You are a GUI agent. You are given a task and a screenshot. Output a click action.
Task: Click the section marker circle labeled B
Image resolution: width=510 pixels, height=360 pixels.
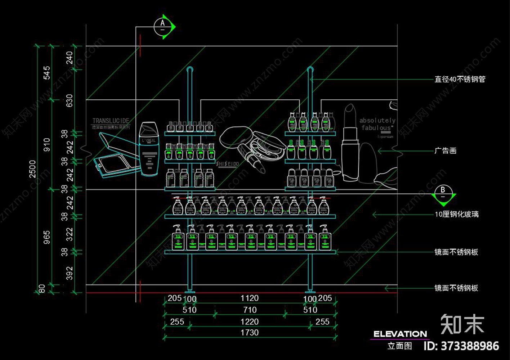[443, 193]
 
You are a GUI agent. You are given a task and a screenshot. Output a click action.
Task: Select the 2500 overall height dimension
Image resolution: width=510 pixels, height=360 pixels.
[32, 169]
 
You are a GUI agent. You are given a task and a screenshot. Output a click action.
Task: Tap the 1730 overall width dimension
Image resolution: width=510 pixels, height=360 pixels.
[250, 333]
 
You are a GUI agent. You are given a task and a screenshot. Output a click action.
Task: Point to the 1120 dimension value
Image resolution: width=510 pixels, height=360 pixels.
[250, 298]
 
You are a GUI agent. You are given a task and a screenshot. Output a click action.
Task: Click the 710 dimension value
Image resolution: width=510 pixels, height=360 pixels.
[250, 310]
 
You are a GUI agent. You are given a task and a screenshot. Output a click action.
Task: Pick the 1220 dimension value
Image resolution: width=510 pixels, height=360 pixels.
[250, 321]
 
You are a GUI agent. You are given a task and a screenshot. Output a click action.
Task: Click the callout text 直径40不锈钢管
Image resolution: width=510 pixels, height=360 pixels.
[460, 79]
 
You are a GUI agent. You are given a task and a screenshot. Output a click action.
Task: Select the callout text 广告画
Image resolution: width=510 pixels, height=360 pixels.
[446, 150]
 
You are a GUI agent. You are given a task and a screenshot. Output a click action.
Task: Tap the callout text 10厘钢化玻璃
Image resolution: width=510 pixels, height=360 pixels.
[457, 215]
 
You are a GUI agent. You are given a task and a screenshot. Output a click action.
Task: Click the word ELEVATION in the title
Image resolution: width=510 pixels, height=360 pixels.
[400, 334]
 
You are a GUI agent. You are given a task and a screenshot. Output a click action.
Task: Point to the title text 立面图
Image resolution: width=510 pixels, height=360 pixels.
[399, 346]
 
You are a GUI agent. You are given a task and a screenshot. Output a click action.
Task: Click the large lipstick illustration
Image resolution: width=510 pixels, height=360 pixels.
[350, 144]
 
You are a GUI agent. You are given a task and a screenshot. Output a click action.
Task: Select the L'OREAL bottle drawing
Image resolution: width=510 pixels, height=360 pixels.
[149, 148]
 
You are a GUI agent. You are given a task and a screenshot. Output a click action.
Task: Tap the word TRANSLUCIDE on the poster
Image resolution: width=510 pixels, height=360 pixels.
[111, 121]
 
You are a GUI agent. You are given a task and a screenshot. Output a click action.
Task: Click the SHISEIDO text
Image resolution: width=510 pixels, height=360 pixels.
[227, 164]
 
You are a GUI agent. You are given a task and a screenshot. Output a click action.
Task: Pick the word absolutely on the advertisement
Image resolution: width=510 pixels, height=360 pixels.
[377, 121]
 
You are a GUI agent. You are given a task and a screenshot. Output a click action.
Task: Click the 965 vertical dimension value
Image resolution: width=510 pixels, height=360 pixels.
[47, 238]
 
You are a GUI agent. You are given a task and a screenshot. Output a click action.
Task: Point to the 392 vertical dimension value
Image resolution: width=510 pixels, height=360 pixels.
[70, 273]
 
